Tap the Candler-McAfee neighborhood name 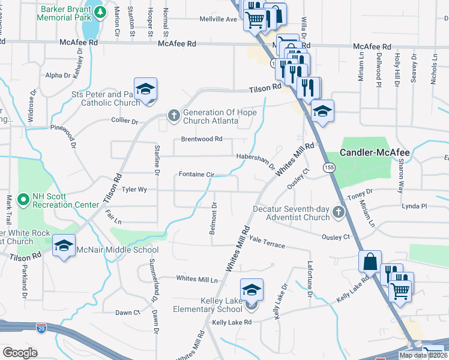pos(375,153)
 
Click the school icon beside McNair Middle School pos(64,246)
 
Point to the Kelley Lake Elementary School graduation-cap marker pos(252,290)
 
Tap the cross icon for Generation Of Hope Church pos(173,115)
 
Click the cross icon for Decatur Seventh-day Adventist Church pos(339,212)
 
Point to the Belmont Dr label pos(213,215)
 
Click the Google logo pos(20,353)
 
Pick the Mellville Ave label pos(218,19)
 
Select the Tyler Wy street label pos(134,189)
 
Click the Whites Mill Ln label pos(197,279)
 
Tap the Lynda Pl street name pos(415,206)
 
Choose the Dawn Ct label pos(127,313)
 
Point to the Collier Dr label pos(125,121)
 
